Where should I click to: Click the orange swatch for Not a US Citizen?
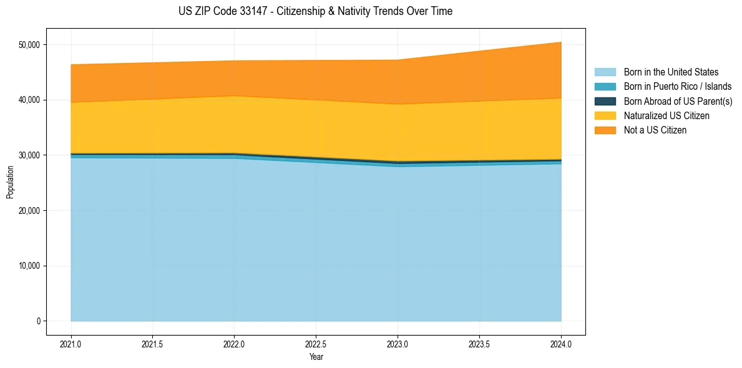[x=605, y=130]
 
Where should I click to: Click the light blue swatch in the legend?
[x=605, y=72]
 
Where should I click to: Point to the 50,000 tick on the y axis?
[x=29, y=45]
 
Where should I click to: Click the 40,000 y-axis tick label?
[x=29, y=100]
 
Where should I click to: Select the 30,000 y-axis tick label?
[x=29, y=155]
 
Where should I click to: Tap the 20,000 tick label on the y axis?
[x=29, y=211]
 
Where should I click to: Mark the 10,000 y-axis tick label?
[x=29, y=266]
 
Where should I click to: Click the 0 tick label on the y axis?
[x=38, y=321]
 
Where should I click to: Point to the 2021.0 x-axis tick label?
[x=71, y=343]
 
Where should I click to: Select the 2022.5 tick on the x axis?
[x=316, y=343]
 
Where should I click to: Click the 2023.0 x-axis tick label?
[x=398, y=343]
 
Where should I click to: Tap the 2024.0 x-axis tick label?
[x=561, y=343]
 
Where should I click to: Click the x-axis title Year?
[x=316, y=357]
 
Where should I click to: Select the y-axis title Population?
[x=10, y=182]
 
